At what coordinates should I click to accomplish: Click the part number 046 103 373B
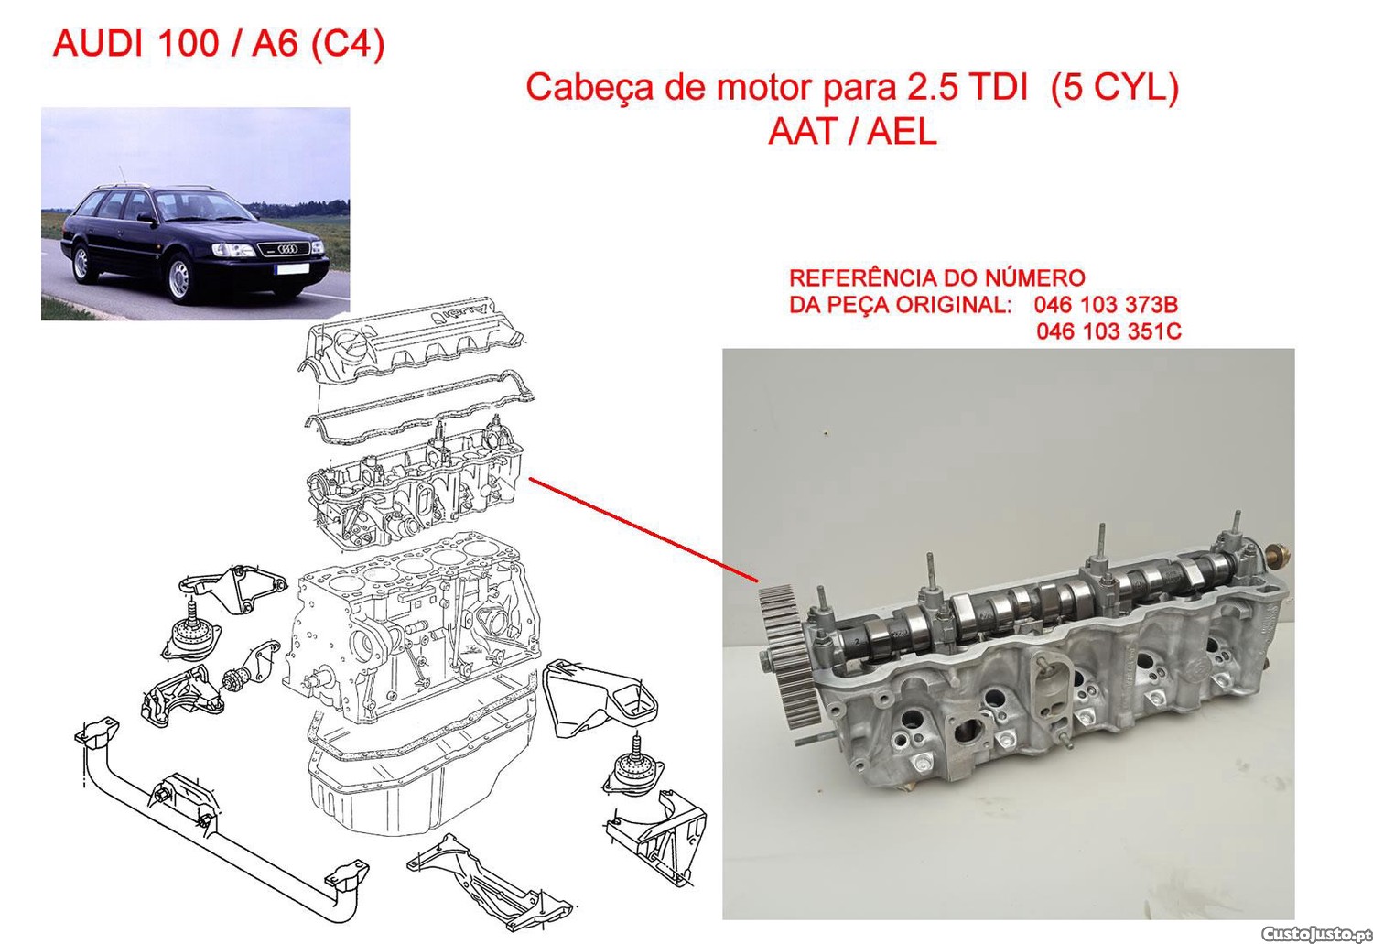pyautogui.click(x=1106, y=304)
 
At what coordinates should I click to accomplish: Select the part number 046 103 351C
pyautogui.click(x=1108, y=331)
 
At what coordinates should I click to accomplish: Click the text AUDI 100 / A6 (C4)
pyautogui.click(x=219, y=44)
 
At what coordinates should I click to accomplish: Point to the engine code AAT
pyautogui.click(x=805, y=131)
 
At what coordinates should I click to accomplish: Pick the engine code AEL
pyautogui.click(x=903, y=131)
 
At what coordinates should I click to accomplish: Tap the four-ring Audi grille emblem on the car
pyautogui.click(x=287, y=248)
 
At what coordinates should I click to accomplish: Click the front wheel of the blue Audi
pyautogui.click(x=179, y=279)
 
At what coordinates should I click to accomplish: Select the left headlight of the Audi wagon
pyautogui.click(x=232, y=249)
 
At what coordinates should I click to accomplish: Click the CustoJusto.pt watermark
pyautogui.click(x=1316, y=933)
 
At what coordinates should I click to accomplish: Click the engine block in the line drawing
pyautogui.click(x=411, y=632)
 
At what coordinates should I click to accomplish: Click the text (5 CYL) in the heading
pyautogui.click(x=1114, y=88)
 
